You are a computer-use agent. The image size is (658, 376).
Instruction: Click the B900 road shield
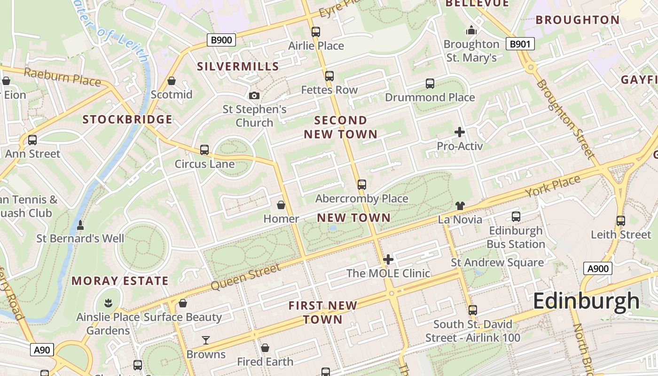[x=221, y=40]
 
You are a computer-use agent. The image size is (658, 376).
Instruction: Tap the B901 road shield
[x=520, y=44]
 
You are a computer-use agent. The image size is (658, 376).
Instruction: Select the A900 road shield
[x=598, y=269]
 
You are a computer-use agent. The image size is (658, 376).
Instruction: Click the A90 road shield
[x=42, y=350]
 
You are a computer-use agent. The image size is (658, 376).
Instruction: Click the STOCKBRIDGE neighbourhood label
[x=127, y=119]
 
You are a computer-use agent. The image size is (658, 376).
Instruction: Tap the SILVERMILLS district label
[x=238, y=66]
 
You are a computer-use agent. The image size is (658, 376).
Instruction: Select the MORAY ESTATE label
[x=120, y=281]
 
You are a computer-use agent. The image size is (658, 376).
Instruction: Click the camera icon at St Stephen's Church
[x=254, y=95]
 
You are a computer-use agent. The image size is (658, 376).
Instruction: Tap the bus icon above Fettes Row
[x=329, y=76]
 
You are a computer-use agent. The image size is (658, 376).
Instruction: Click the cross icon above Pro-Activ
[x=460, y=132]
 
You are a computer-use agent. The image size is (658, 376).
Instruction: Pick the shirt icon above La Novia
[x=460, y=205]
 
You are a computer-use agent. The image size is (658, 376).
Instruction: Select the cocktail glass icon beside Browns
[x=205, y=340]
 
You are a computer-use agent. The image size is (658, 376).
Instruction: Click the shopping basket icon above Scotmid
[x=172, y=81]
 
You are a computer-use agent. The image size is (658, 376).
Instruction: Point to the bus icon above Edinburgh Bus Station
[x=516, y=217]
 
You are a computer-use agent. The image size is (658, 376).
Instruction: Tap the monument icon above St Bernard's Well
[x=80, y=225]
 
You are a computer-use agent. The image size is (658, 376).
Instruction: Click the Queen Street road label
[x=245, y=277]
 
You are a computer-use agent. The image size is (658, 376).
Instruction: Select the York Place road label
[x=553, y=187]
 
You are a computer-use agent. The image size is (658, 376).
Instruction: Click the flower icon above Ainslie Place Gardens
[x=108, y=303]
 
